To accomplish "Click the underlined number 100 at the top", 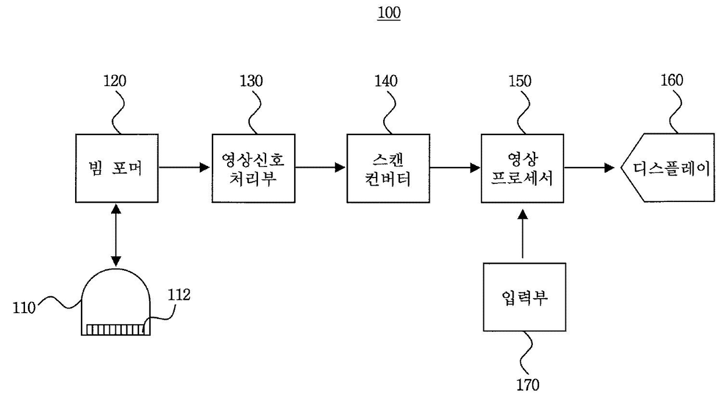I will point(390,13).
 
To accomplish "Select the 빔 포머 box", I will point(117,168).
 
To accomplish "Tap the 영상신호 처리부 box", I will point(253,168).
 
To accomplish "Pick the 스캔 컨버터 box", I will point(388,168).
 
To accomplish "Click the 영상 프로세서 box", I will point(522,168).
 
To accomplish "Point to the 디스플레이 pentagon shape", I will point(666,168).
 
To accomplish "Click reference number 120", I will point(115,81).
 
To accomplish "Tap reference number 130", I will point(251,81).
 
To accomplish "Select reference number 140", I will point(387,81).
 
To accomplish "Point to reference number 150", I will point(519,81).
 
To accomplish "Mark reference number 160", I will point(671,81).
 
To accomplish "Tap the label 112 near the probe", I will point(178,295).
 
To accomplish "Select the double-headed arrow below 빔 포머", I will point(116,235).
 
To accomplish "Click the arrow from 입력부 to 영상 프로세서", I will point(522,235).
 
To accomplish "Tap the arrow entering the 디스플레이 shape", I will point(589,168).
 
